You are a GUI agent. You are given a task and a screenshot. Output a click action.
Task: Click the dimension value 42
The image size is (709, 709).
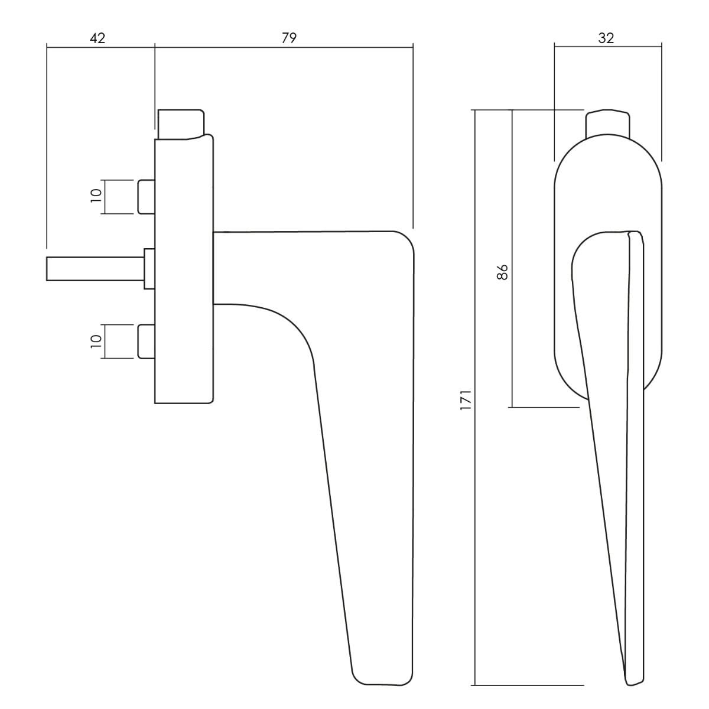(97, 38)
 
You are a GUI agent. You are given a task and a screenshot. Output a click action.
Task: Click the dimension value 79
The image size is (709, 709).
(288, 38)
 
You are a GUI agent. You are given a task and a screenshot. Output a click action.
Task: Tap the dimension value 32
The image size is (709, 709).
(606, 38)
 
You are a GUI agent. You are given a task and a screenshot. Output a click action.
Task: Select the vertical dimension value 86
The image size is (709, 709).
(503, 272)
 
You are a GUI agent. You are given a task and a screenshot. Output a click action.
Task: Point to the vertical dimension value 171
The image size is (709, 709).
(465, 400)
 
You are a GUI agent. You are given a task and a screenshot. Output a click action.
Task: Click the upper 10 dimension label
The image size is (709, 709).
(96, 196)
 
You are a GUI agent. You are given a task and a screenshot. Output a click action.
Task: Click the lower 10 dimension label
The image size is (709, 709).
(96, 341)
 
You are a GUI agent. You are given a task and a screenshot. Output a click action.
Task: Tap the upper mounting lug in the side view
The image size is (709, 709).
(146, 196)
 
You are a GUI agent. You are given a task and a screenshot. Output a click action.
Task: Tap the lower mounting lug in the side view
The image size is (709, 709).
(146, 341)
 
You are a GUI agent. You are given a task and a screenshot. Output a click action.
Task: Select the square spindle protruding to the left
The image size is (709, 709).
(95, 269)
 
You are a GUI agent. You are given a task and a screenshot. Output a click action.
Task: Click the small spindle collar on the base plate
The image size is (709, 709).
(149, 269)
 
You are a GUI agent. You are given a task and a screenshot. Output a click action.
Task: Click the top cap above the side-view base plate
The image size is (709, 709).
(180, 123)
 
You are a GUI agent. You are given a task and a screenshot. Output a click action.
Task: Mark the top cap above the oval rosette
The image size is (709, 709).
(607, 123)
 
